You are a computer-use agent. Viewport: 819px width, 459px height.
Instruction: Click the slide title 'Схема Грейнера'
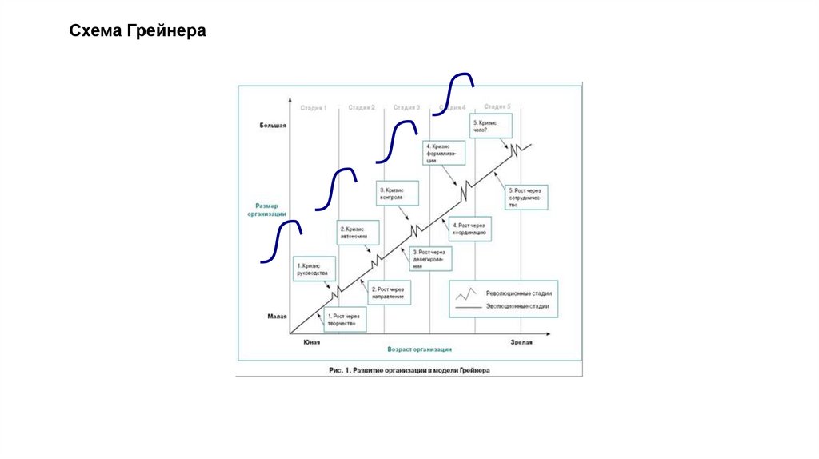[138, 31]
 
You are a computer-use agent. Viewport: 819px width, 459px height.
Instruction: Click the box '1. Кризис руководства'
[312, 269]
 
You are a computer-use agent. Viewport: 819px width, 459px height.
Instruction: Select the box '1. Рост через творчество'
[342, 320]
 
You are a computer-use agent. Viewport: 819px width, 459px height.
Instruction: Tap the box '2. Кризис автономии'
[354, 233]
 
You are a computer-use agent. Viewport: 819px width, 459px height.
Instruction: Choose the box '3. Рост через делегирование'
[430, 258]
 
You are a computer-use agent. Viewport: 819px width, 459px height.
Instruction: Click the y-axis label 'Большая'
[272, 126]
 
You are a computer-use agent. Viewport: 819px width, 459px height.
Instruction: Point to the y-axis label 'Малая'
[277, 317]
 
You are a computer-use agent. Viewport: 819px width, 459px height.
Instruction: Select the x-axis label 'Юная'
[311, 341]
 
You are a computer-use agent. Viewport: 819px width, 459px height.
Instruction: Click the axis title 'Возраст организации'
[419, 349]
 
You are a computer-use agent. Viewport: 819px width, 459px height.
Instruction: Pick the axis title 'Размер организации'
[266, 210]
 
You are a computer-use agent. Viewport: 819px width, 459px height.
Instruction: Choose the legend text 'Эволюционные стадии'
[517, 307]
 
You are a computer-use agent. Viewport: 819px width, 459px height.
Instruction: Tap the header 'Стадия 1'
[314, 107]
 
